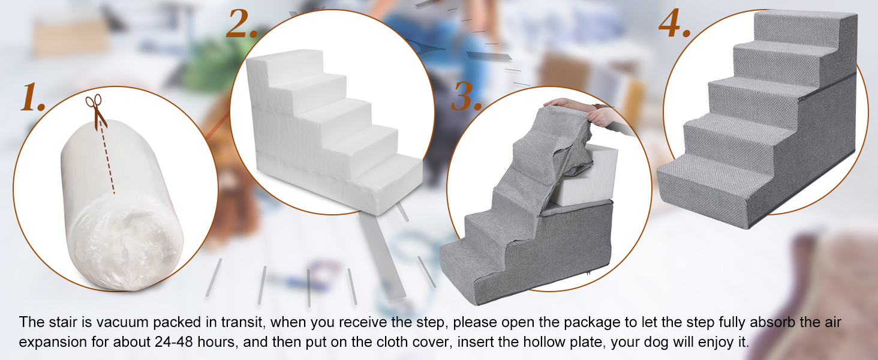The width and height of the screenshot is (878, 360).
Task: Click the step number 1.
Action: tap(33, 97)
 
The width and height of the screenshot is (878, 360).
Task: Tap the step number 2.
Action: tap(242, 23)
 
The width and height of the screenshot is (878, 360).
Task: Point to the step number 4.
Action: tap(675, 23)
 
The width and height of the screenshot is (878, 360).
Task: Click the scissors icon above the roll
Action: tap(95, 112)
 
